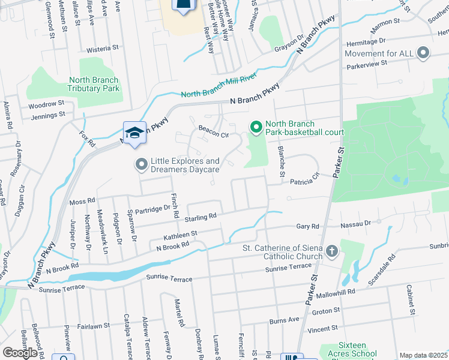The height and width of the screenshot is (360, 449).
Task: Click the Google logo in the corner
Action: point(19,353)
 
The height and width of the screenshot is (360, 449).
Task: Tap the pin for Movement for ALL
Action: point(424,53)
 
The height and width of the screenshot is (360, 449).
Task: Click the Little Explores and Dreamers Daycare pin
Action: point(142,164)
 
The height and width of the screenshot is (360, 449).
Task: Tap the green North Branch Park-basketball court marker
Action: point(256,127)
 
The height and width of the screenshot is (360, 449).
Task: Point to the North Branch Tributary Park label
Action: point(94,84)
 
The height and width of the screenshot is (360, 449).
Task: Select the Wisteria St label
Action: point(103,47)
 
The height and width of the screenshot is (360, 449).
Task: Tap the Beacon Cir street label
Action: point(214,133)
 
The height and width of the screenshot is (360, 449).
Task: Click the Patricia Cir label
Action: point(304,181)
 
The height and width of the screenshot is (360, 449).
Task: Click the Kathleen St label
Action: point(177,234)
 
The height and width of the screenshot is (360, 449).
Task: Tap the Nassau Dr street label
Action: point(357,223)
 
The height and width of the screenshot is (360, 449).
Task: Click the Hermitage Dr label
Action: point(365,41)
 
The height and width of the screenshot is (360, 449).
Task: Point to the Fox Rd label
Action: point(88,137)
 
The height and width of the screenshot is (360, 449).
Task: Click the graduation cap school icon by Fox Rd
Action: point(135,133)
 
